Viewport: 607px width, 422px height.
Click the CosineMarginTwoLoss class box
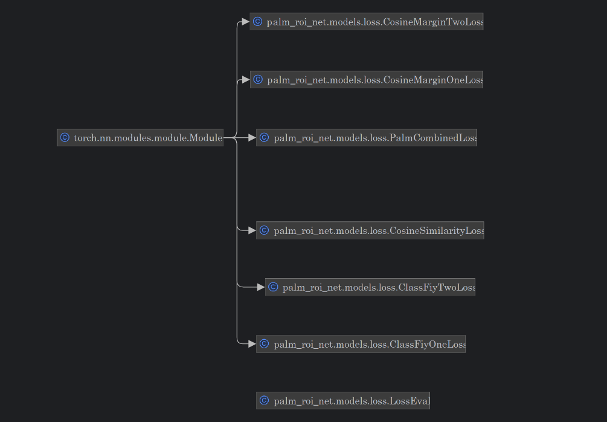367,22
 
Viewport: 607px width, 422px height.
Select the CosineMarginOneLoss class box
367,80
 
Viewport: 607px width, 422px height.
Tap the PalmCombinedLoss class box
367,138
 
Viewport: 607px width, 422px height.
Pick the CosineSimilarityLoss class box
370,230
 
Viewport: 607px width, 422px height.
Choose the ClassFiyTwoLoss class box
370,287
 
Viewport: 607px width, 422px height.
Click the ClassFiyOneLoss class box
361,344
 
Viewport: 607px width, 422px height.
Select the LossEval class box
343,401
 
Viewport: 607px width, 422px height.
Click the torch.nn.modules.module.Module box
140,138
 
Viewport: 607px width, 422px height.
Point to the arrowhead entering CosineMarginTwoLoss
245,22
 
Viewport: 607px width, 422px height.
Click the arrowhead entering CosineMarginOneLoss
245,80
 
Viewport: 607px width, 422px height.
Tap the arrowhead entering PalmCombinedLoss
251,138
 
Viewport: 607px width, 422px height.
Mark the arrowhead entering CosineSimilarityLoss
251,230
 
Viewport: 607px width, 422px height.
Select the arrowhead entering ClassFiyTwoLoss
260,287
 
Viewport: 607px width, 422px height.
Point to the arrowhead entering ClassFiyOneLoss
251,344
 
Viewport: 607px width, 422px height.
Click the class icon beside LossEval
264,401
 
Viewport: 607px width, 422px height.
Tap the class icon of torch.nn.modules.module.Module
65,138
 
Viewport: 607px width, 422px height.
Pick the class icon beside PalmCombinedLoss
264,138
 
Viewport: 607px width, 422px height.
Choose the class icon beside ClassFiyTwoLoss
273,287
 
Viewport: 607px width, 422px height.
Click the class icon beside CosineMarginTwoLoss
258,22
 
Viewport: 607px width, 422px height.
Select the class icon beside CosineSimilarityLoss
264,230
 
